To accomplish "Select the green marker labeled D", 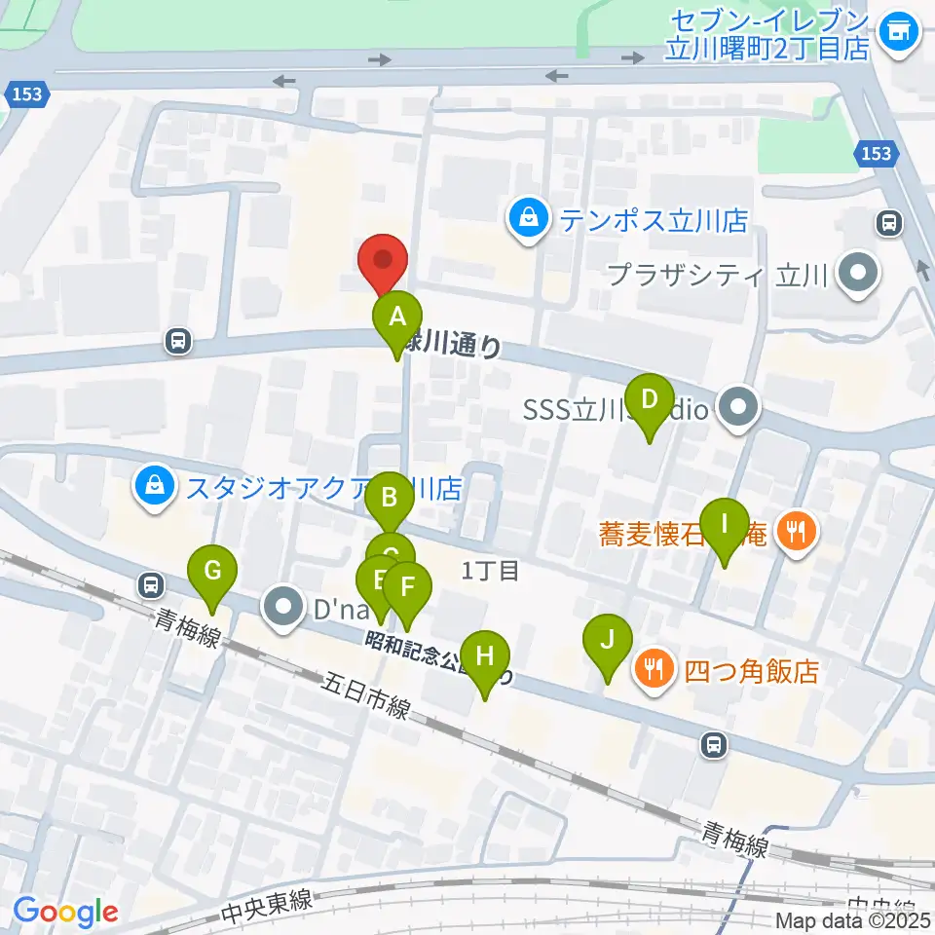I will (650, 400).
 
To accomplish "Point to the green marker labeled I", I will (724, 525).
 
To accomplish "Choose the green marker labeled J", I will (608, 642).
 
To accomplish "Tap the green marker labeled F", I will (407, 588).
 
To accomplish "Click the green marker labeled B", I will (390, 500).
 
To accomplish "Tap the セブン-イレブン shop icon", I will (897, 33).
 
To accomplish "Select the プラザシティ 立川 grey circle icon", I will (858, 274).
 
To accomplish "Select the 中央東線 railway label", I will (267, 905).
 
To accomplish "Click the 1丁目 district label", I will (492, 570).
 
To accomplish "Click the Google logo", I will (65, 911).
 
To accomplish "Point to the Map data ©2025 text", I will (853, 919).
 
